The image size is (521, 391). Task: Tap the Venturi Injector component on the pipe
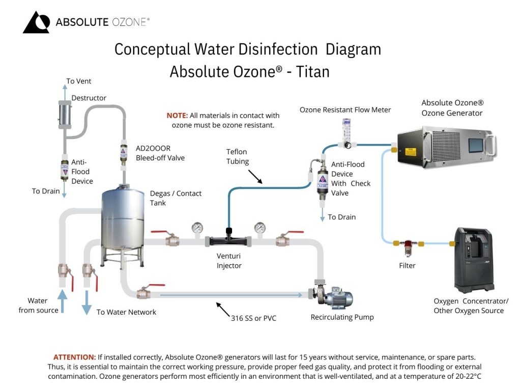pos(229,239)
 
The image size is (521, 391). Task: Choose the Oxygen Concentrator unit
pos(473,260)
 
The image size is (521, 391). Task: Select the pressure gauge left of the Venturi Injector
pos(197,228)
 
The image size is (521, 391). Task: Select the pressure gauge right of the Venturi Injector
pos(260,228)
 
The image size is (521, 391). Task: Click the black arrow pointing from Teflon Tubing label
pos(253,176)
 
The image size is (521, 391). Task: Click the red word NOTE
pos(177,116)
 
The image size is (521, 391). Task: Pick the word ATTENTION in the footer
pos(75,357)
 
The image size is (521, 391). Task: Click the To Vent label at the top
pos(79,81)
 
